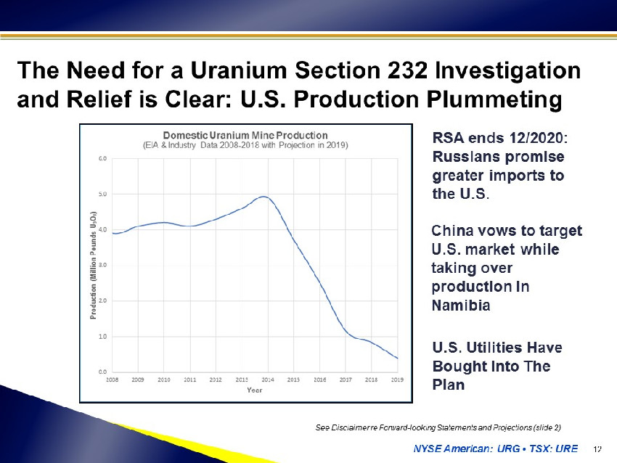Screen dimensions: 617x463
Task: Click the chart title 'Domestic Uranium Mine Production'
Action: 245,135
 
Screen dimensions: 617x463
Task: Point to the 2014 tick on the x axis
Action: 268,380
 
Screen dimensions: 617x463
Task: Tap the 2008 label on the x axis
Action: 112,380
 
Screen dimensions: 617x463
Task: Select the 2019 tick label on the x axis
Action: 397,380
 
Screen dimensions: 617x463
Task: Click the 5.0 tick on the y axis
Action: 102,194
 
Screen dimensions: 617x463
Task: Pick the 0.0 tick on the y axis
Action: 102,372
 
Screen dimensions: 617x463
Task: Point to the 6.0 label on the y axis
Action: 102,158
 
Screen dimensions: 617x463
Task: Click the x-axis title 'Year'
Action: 255,390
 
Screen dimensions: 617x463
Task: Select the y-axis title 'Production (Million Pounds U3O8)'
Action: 93,266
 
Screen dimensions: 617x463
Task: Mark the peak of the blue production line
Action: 264,196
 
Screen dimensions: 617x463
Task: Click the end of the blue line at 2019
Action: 398,358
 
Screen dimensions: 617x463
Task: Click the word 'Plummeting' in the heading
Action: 494,99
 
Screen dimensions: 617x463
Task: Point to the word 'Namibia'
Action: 461,306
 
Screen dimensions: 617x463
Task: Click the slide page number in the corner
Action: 597,448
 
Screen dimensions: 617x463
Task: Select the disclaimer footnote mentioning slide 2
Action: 438,427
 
